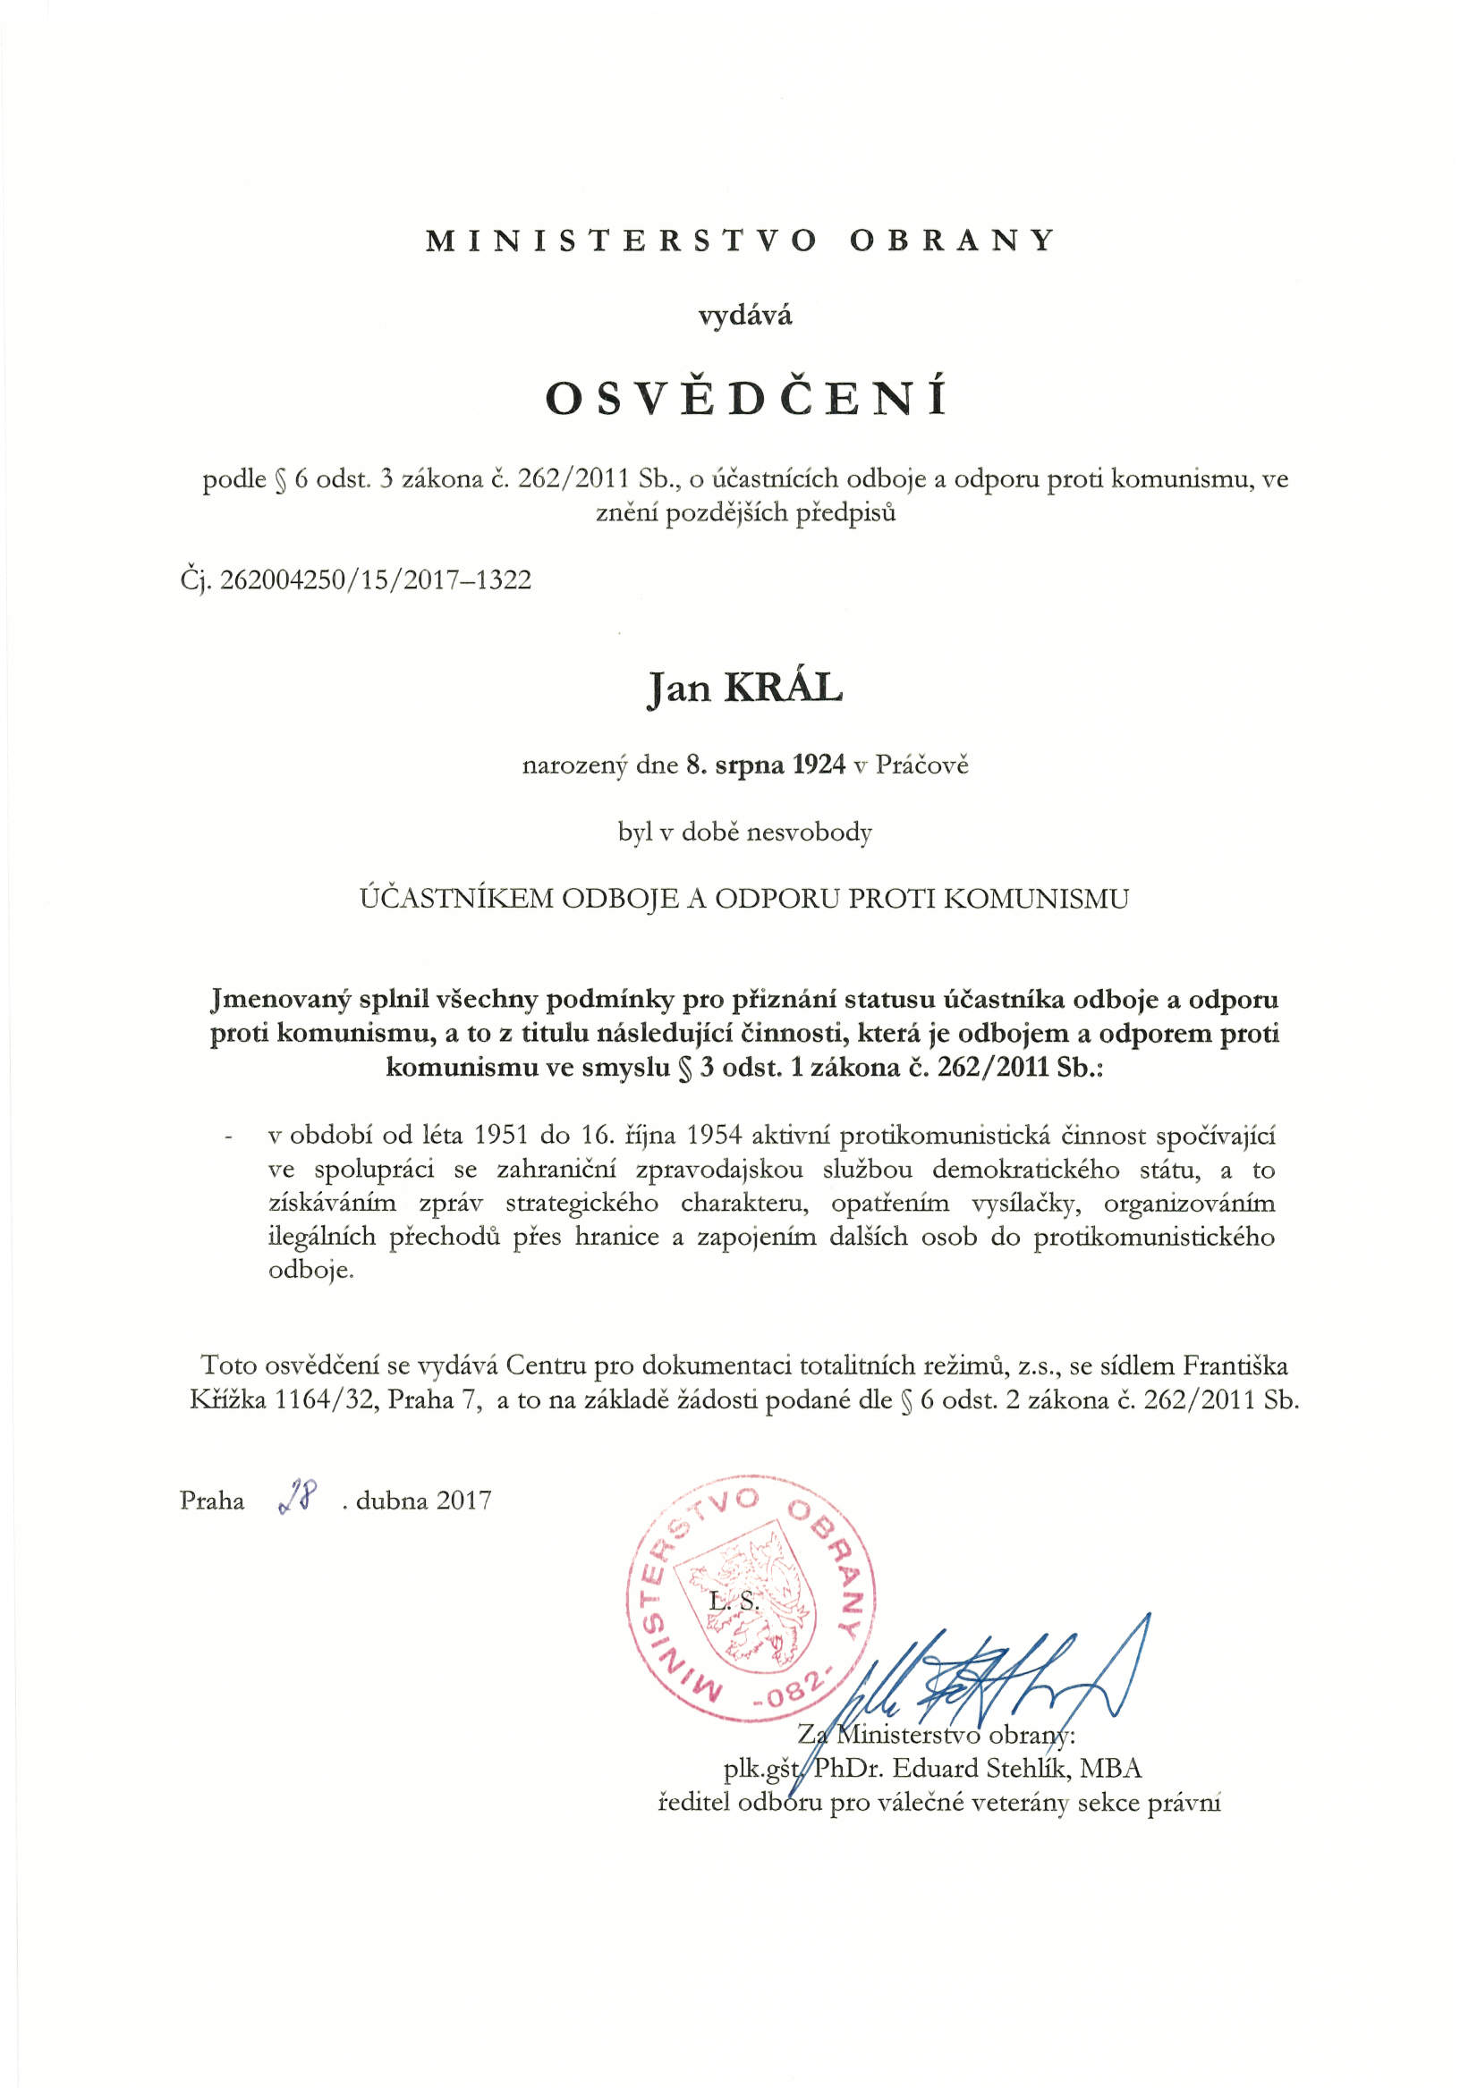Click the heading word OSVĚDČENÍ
[x=745, y=399]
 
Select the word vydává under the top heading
[x=745, y=317]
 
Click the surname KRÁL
[x=782, y=689]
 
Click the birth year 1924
[x=819, y=765]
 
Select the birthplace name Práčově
[x=921, y=765]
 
